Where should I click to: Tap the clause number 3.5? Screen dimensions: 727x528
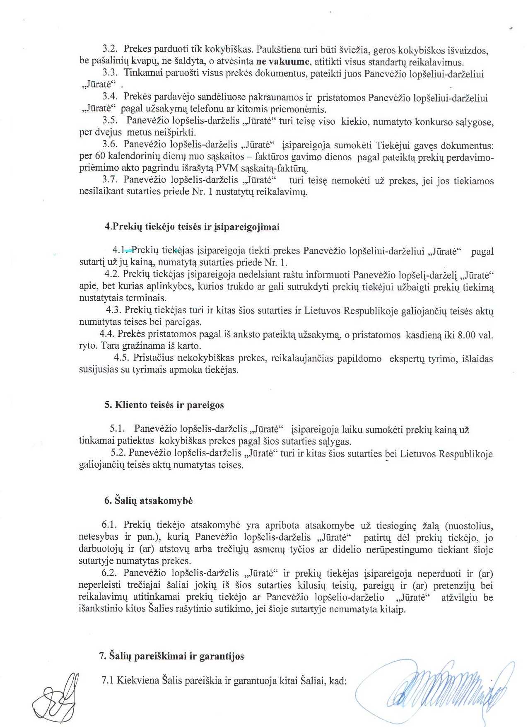click(x=111, y=121)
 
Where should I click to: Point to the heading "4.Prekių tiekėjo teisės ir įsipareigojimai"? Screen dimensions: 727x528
click(x=192, y=227)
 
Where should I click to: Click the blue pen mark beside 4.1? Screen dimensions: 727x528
click(x=129, y=250)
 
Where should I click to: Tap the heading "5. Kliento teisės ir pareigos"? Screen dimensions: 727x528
click(x=164, y=405)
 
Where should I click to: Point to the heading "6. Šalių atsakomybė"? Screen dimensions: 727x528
click(x=148, y=501)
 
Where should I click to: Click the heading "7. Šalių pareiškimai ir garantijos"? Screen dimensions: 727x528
click(x=171, y=657)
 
